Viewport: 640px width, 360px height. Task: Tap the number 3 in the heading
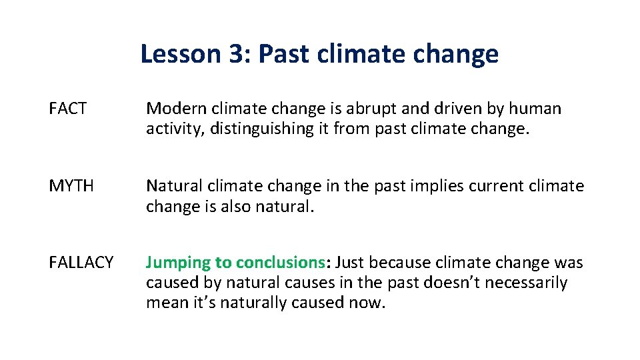236,54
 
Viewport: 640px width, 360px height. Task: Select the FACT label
68,109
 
